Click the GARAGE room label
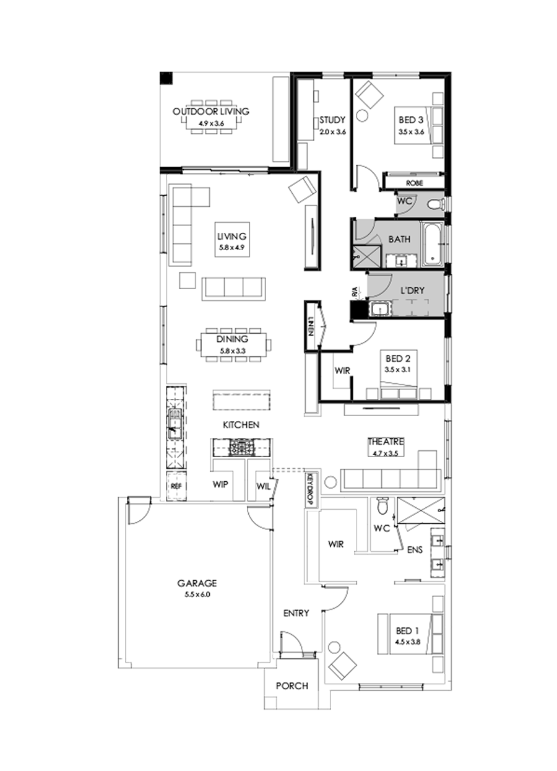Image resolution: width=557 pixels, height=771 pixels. pos(197,583)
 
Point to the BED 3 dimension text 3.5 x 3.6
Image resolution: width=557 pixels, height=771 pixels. pos(410,132)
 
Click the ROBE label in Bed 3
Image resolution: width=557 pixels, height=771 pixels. pos(414,183)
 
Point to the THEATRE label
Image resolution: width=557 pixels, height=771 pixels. pos(386,442)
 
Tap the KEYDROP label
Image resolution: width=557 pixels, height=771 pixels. pos(311,490)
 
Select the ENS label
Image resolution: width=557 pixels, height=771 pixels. pos(414,548)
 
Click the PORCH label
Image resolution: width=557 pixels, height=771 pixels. pos(291,686)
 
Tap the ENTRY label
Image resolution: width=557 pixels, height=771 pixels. pos(296,613)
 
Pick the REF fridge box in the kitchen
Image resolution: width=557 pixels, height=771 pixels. pos(176,487)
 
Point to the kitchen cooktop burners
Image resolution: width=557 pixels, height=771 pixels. pos(241,447)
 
